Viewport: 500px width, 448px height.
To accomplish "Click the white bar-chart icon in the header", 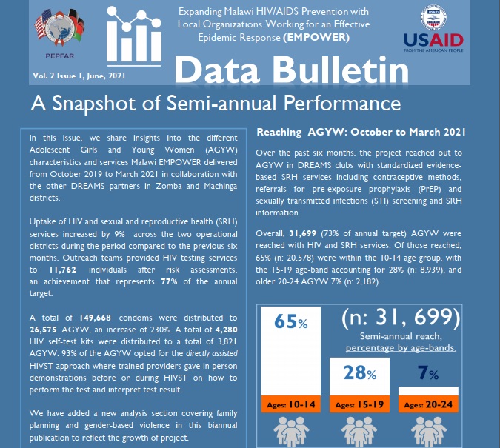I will (133, 39).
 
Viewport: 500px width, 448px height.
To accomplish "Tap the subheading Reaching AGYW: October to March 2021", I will (360, 132).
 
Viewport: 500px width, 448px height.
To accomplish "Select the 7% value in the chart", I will (424, 372).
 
